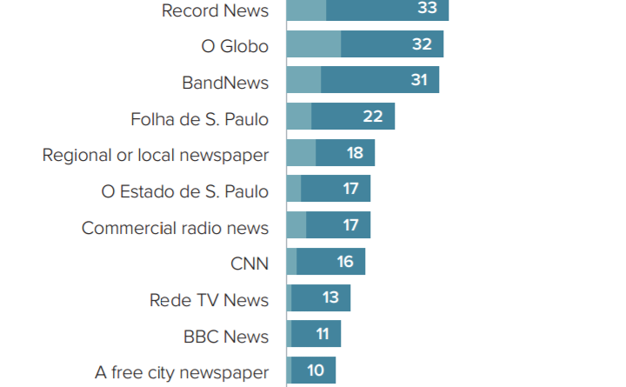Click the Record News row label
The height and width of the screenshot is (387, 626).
pos(215,10)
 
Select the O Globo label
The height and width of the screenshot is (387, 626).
pos(235,46)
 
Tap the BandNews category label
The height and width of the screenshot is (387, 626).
pos(225,83)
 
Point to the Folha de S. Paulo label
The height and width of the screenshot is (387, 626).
pos(199,119)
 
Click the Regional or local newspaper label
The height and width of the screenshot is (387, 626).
pos(156,155)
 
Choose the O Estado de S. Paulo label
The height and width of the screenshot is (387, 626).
pos(185,191)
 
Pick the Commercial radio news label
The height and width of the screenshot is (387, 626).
pos(175,228)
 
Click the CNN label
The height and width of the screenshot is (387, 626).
pos(250,264)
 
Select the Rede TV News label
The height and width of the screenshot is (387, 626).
pos(209,300)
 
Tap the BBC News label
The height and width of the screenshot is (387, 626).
pos(226,337)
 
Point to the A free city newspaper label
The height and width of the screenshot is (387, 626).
pos(182,372)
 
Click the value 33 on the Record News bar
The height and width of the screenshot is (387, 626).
pos(427,9)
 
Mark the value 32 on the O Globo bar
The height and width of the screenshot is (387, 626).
pos(422,44)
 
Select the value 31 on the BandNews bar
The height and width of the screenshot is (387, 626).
pos(419,80)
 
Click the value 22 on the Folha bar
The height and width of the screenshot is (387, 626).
pos(373,117)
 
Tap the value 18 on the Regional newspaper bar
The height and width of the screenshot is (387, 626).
pos(354,153)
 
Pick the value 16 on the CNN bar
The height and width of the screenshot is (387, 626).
pos(345,261)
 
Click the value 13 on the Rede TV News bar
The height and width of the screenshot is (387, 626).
pos(330,297)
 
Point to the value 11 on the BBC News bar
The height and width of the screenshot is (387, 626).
pos(322,334)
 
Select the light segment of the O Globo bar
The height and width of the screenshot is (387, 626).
pos(313,44)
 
